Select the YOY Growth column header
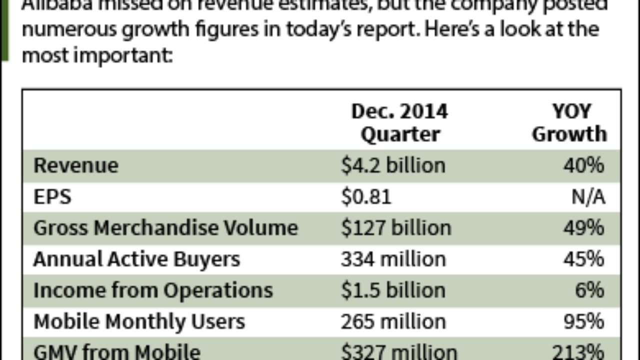pos(569,123)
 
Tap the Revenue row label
pos(76,165)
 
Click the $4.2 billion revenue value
pos(393,165)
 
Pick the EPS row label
pos(52,197)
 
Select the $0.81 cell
pos(366,197)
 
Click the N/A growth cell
pos(588,197)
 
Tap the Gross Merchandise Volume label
pos(165,228)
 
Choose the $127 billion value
pos(396,228)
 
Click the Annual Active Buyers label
pos(136,259)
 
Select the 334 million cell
pos(393,259)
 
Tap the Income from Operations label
pos(153,290)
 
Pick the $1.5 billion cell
pos(393,290)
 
